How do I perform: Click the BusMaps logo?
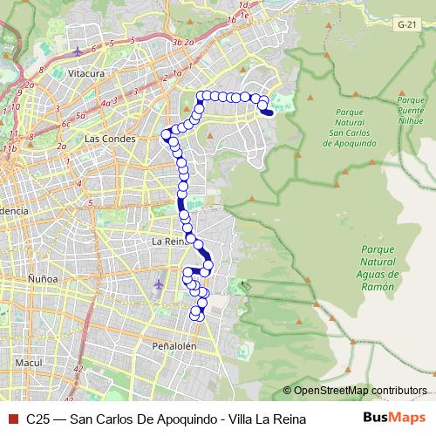tap(395, 418)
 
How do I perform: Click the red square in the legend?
tap(11, 419)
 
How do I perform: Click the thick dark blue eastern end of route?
tap(268, 112)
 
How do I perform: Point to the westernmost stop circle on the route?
tap(164, 134)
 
